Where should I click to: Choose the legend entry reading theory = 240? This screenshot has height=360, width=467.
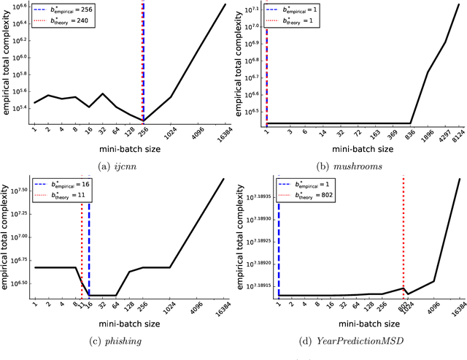coord(73,22)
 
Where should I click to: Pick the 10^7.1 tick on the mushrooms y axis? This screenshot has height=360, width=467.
coord(252,9)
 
